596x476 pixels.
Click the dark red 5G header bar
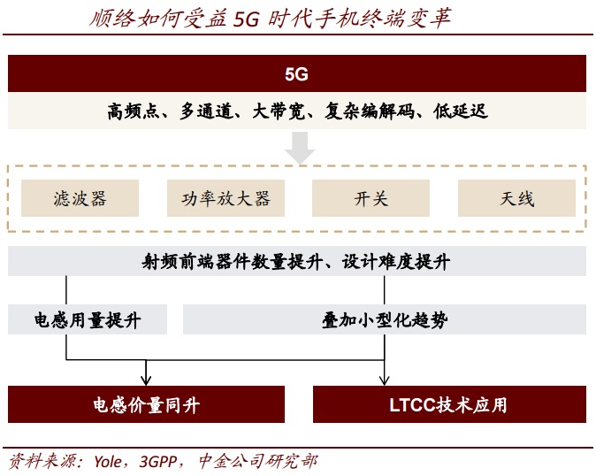pyautogui.click(x=297, y=74)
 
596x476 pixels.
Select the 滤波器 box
pyautogui.click(x=80, y=198)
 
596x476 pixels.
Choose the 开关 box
pyautogui.click(x=371, y=198)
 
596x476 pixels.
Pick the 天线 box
pyautogui.click(x=516, y=198)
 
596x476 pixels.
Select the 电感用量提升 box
pyautogui.click(x=88, y=319)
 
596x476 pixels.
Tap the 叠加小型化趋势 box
pyautogui.click(x=384, y=319)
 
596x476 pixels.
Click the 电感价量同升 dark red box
pyautogui.click(x=146, y=405)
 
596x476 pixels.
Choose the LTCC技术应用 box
pyautogui.click(x=449, y=405)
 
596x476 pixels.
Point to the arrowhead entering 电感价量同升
pyautogui.click(x=146, y=380)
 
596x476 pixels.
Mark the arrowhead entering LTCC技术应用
pyautogui.click(x=385, y=380)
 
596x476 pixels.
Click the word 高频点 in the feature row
pyautogui.click(x=131, y=111)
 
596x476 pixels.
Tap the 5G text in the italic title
pyautogui.click(x=248, y=19)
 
